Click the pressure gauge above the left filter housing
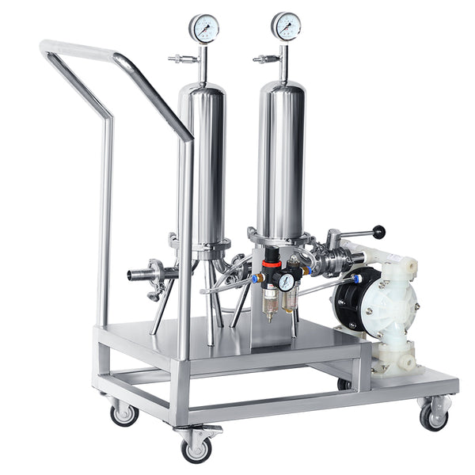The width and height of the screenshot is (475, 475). point(203,28)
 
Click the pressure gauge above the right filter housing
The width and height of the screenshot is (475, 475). point(286,26)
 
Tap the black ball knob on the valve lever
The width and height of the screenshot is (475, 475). point(380,233)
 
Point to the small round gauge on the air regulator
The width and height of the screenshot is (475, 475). point(286,281)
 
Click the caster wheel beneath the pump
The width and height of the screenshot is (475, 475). point(432,417)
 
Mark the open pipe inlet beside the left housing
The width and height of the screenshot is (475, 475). point(135,275)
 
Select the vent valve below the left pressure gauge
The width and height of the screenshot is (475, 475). point(184,58)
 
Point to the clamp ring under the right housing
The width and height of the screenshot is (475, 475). point(280,235)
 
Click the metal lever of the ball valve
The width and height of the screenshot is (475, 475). point(355,235)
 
